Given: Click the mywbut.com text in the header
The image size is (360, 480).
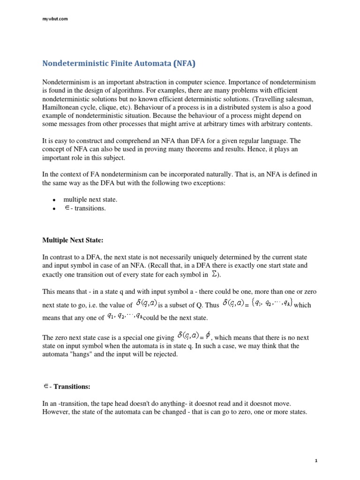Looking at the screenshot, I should click(55, 19).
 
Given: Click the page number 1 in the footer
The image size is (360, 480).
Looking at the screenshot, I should click(316, 461).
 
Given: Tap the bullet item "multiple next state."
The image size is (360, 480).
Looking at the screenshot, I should click(90, 200).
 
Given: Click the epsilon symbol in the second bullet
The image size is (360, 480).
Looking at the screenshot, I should click(67, 208).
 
